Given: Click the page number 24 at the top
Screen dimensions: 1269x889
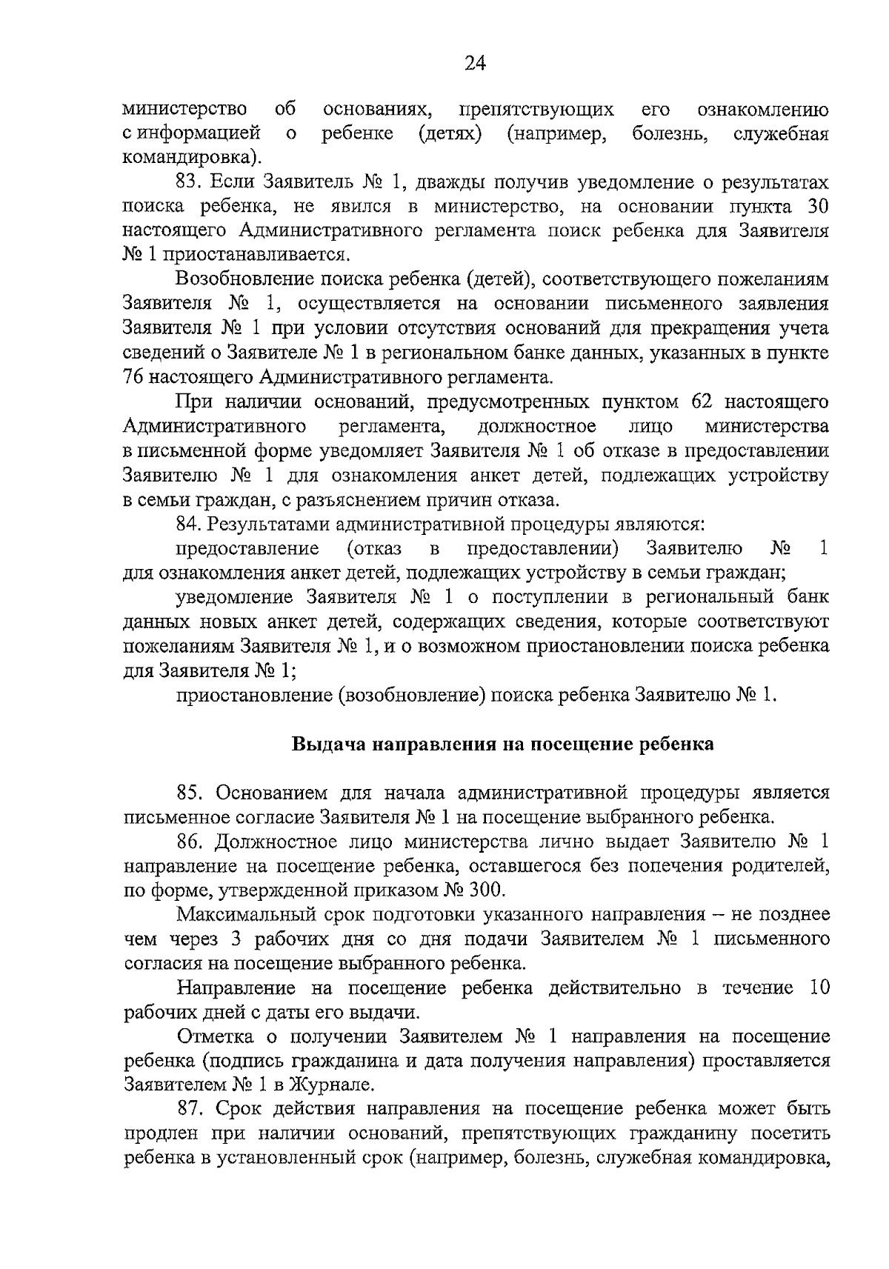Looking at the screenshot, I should pyautogui.click(x=474, y=64).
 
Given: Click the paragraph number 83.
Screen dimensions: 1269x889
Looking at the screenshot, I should pyautogui.click(x=188, y=182).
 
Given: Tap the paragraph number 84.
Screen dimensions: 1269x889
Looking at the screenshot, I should pyautogui.click(x=188, y=524).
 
